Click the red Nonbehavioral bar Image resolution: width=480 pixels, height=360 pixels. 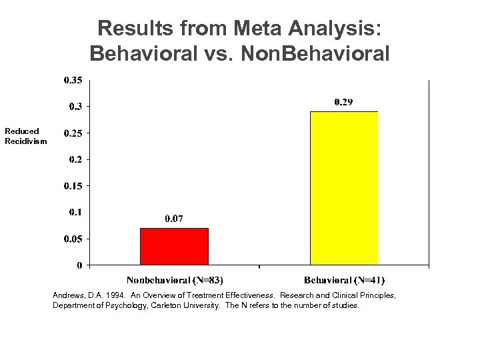(174, 246)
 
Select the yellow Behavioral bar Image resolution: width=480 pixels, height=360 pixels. (344, 187)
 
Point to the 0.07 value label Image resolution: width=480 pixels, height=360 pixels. (174, 219)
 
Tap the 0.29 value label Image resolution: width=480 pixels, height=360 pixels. (344, 102)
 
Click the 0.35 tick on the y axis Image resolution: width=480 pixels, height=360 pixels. (73, 80)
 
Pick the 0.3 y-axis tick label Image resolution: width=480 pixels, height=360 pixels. (75, 107)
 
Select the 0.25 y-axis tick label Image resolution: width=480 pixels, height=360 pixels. (73, 133)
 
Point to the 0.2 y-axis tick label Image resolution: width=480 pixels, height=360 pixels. (75, 159)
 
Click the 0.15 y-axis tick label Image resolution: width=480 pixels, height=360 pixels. (73, 186)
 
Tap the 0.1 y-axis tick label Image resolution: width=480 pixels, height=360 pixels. (75, 212)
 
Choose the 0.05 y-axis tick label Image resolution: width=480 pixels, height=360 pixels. (73, 239)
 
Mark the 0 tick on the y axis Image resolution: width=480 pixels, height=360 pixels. (80, 265)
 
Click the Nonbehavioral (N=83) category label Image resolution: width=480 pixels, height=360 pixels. (175, 280)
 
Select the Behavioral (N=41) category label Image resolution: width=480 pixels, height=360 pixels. (344, 280)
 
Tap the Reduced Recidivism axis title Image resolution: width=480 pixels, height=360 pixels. (25, 136)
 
